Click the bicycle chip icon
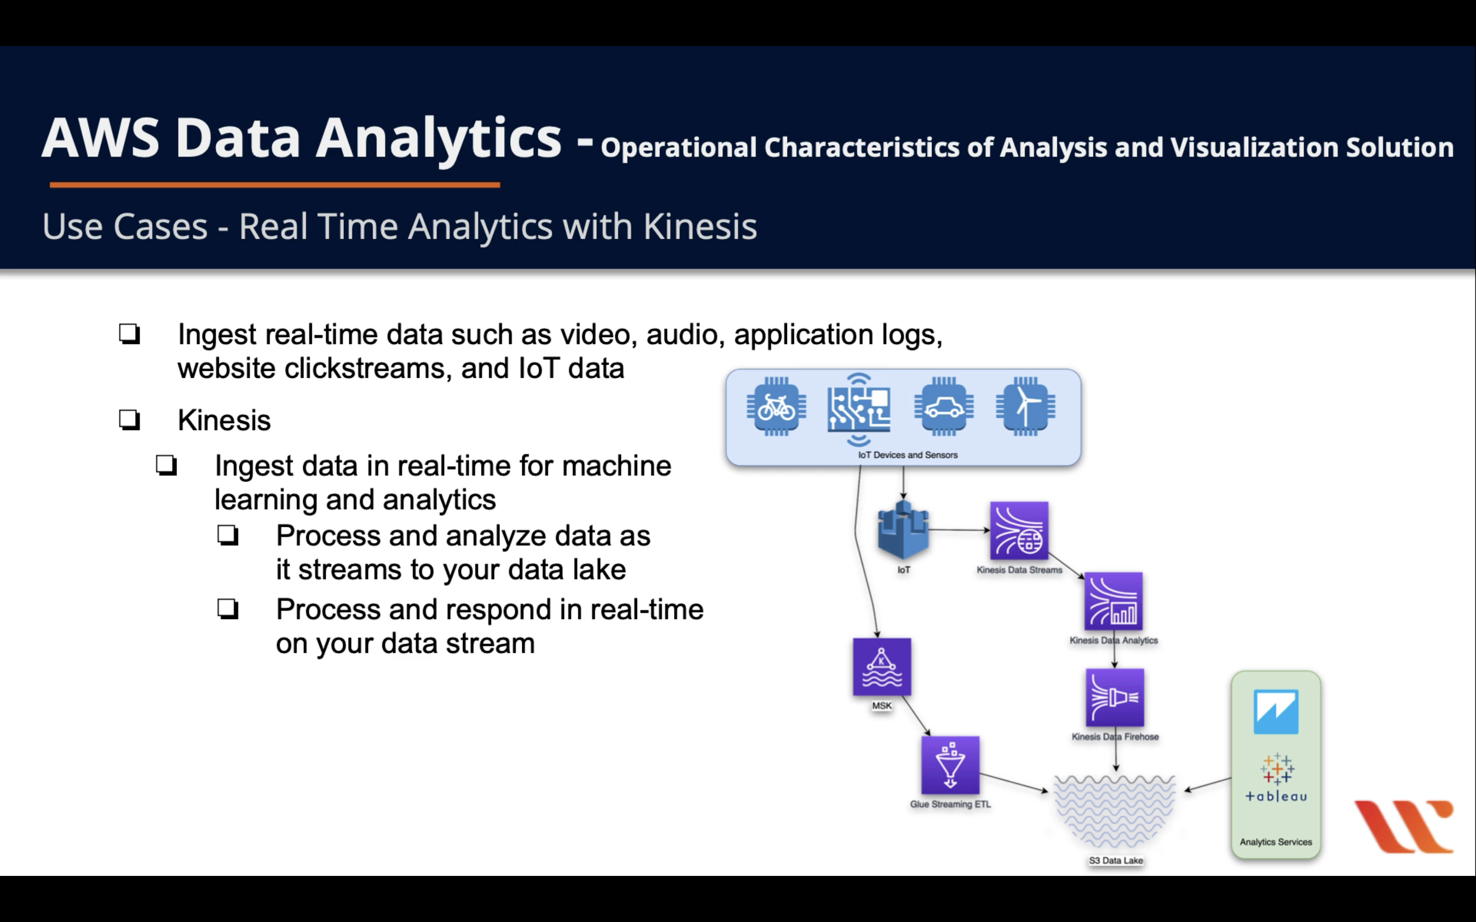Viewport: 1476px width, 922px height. [x=776, y=407]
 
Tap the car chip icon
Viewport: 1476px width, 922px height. [x=944, y=407]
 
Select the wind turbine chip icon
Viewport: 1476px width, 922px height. [x=1026, y=407]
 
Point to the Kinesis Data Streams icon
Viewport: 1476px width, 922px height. [x=1018, y=531]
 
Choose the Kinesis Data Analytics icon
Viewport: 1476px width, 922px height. [x=1113, y=601]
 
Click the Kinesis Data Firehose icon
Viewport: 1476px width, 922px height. [x=1114, y=698]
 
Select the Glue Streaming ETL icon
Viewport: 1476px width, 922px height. [x=950, y=765]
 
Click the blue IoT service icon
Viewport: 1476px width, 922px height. [x=903, y=531]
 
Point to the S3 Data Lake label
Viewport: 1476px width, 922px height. [x=1116, y=860]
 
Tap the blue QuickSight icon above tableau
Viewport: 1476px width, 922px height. [x=1276, y=712]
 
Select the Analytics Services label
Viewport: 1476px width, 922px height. [x=1275, y=842]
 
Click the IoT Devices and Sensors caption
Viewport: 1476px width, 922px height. [x=908, y=455]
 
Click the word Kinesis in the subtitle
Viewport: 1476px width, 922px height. [x=700, y=227]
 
